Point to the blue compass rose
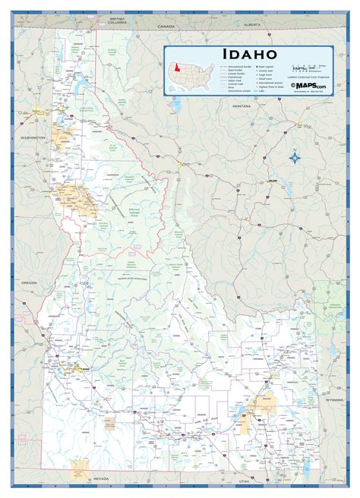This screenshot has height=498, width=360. [x=295, y=158]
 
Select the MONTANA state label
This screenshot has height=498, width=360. [x=242, y=106]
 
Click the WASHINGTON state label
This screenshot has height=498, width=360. [x=32, y=137]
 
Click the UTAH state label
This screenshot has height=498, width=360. [x=242, y=481]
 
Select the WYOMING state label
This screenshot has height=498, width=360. [x=335, y=399]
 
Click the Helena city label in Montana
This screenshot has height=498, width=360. [x=272, y=181]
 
